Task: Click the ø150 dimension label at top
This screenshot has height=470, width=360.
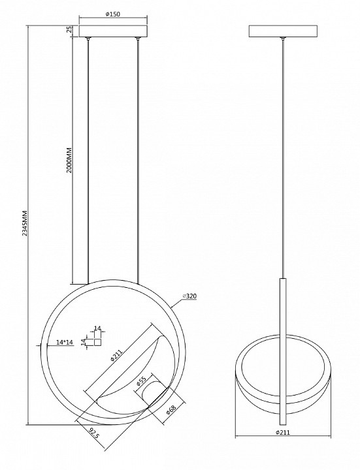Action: point(113,14)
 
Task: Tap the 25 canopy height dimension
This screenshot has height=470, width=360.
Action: point(69,29)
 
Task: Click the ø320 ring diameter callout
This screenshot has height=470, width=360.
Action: point(190,296)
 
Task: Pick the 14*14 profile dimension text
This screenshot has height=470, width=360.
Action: point(65,342)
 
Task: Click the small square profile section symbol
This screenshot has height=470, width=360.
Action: point(98,342)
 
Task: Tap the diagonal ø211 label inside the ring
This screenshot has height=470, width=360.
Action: point(116,354)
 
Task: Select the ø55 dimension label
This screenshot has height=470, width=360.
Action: point(140,382)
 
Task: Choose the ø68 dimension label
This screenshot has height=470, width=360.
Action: point(171,409)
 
